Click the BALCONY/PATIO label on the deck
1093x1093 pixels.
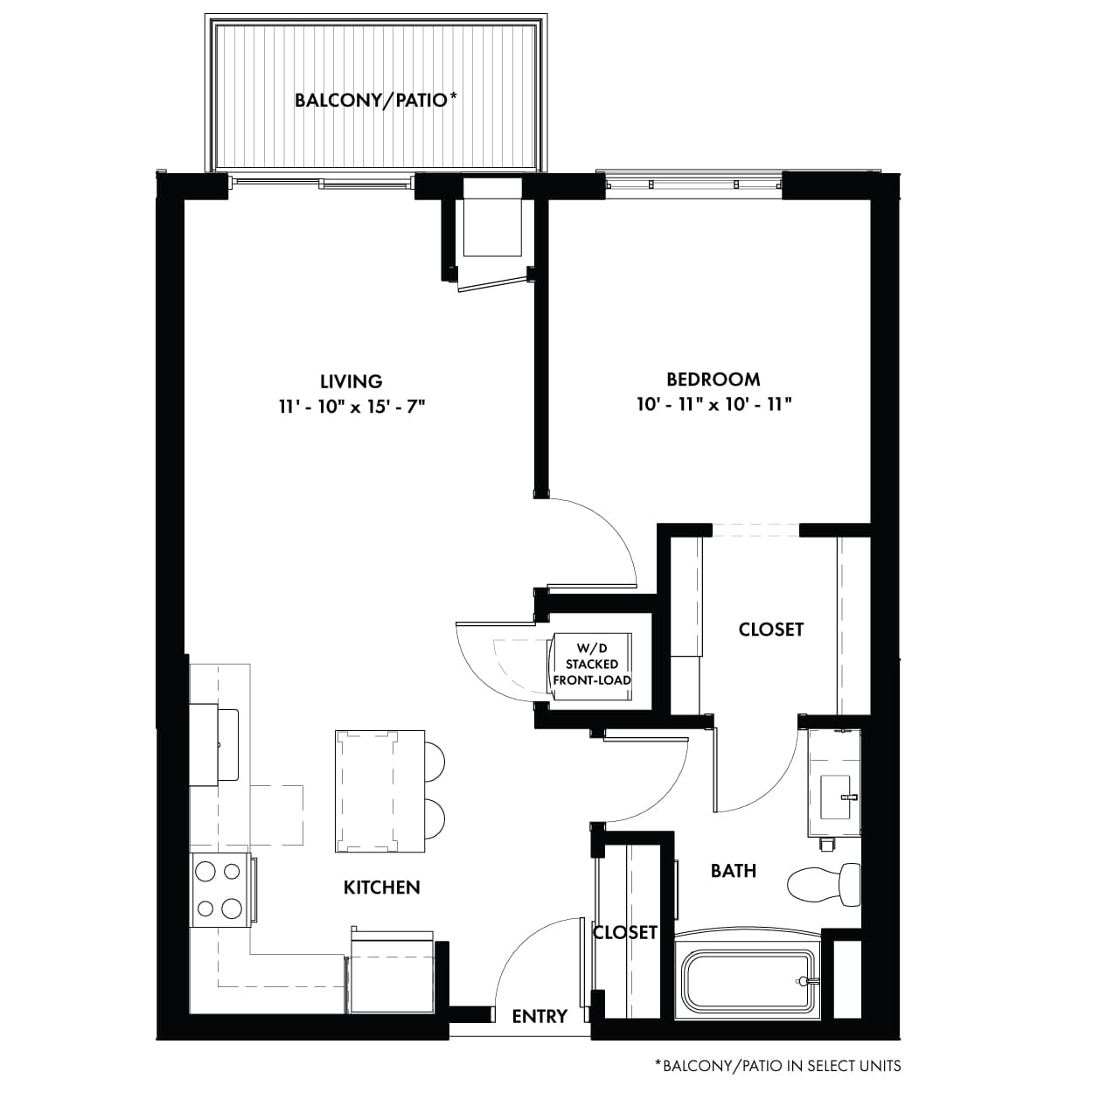[x=375, y=101]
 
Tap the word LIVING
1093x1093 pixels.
[x=352, y=381]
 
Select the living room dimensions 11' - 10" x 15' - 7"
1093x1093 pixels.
[x=352, y=407]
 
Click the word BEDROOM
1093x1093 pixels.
[x=713, y=379]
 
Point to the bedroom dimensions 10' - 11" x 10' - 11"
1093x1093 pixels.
[x=714, y=405]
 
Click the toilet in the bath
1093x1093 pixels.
[x=824, y=885]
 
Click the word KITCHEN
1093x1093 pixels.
[x=382, y=888]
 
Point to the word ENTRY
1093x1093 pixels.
[x=540, y=1016]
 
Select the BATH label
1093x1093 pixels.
[x=734, y=871]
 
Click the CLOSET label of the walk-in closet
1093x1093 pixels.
[x=771, y=629]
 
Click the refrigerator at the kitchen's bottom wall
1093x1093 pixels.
[x=392, y=978]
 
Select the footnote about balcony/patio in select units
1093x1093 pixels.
[x=777, y=1066]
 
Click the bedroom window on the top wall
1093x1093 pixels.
[x=693, y=184]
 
